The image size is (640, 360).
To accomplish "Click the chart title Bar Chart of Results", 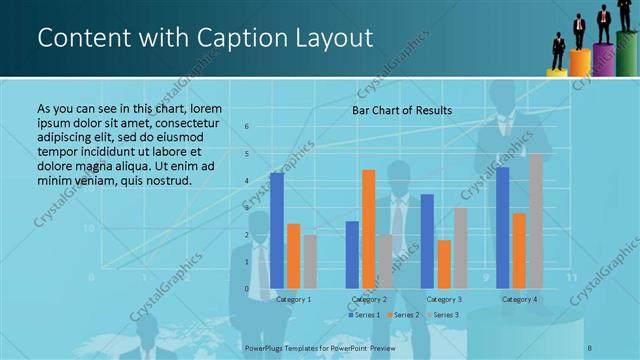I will (402, 110).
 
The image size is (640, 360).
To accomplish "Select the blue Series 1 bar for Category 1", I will (277, 230).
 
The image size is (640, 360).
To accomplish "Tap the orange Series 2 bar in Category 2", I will (368, 228).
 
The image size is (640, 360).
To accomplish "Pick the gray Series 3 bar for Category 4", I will (536, 220).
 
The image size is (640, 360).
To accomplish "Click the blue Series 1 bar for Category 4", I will (503, 227).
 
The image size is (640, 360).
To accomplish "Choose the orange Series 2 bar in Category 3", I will (444, 263).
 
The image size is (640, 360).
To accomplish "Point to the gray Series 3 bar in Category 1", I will (310, 261).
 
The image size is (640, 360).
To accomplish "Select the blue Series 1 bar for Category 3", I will (427, 240).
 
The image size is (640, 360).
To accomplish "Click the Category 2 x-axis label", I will (369, 299).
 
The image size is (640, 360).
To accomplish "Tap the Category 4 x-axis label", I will (519, 299).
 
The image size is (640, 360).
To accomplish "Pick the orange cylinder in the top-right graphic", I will (580, 63).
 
